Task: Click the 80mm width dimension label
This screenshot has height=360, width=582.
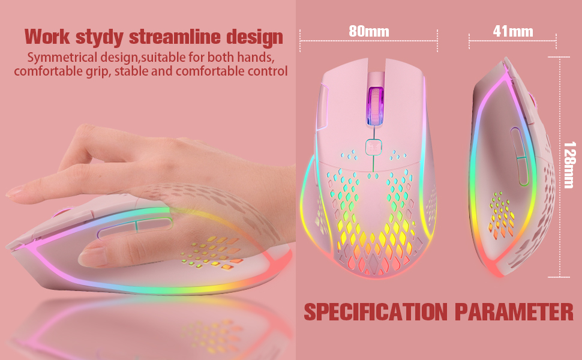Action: pos(369,32)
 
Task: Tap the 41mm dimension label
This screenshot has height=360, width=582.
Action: pos(513,32)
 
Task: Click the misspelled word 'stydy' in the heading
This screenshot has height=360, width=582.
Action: pos(100,37)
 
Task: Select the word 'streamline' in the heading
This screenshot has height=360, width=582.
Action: pos(175,37)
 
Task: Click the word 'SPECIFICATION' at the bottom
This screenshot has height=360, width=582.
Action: pos(376,312)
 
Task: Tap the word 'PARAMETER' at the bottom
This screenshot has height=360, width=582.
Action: pos(514,312)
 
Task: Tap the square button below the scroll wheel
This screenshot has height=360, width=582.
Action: pos(373,147)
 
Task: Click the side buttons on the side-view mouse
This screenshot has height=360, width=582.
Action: pos(519,156)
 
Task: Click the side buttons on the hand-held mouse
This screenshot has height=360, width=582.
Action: pos(136,226)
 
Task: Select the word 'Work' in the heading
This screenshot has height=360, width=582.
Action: pos(47,37)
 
